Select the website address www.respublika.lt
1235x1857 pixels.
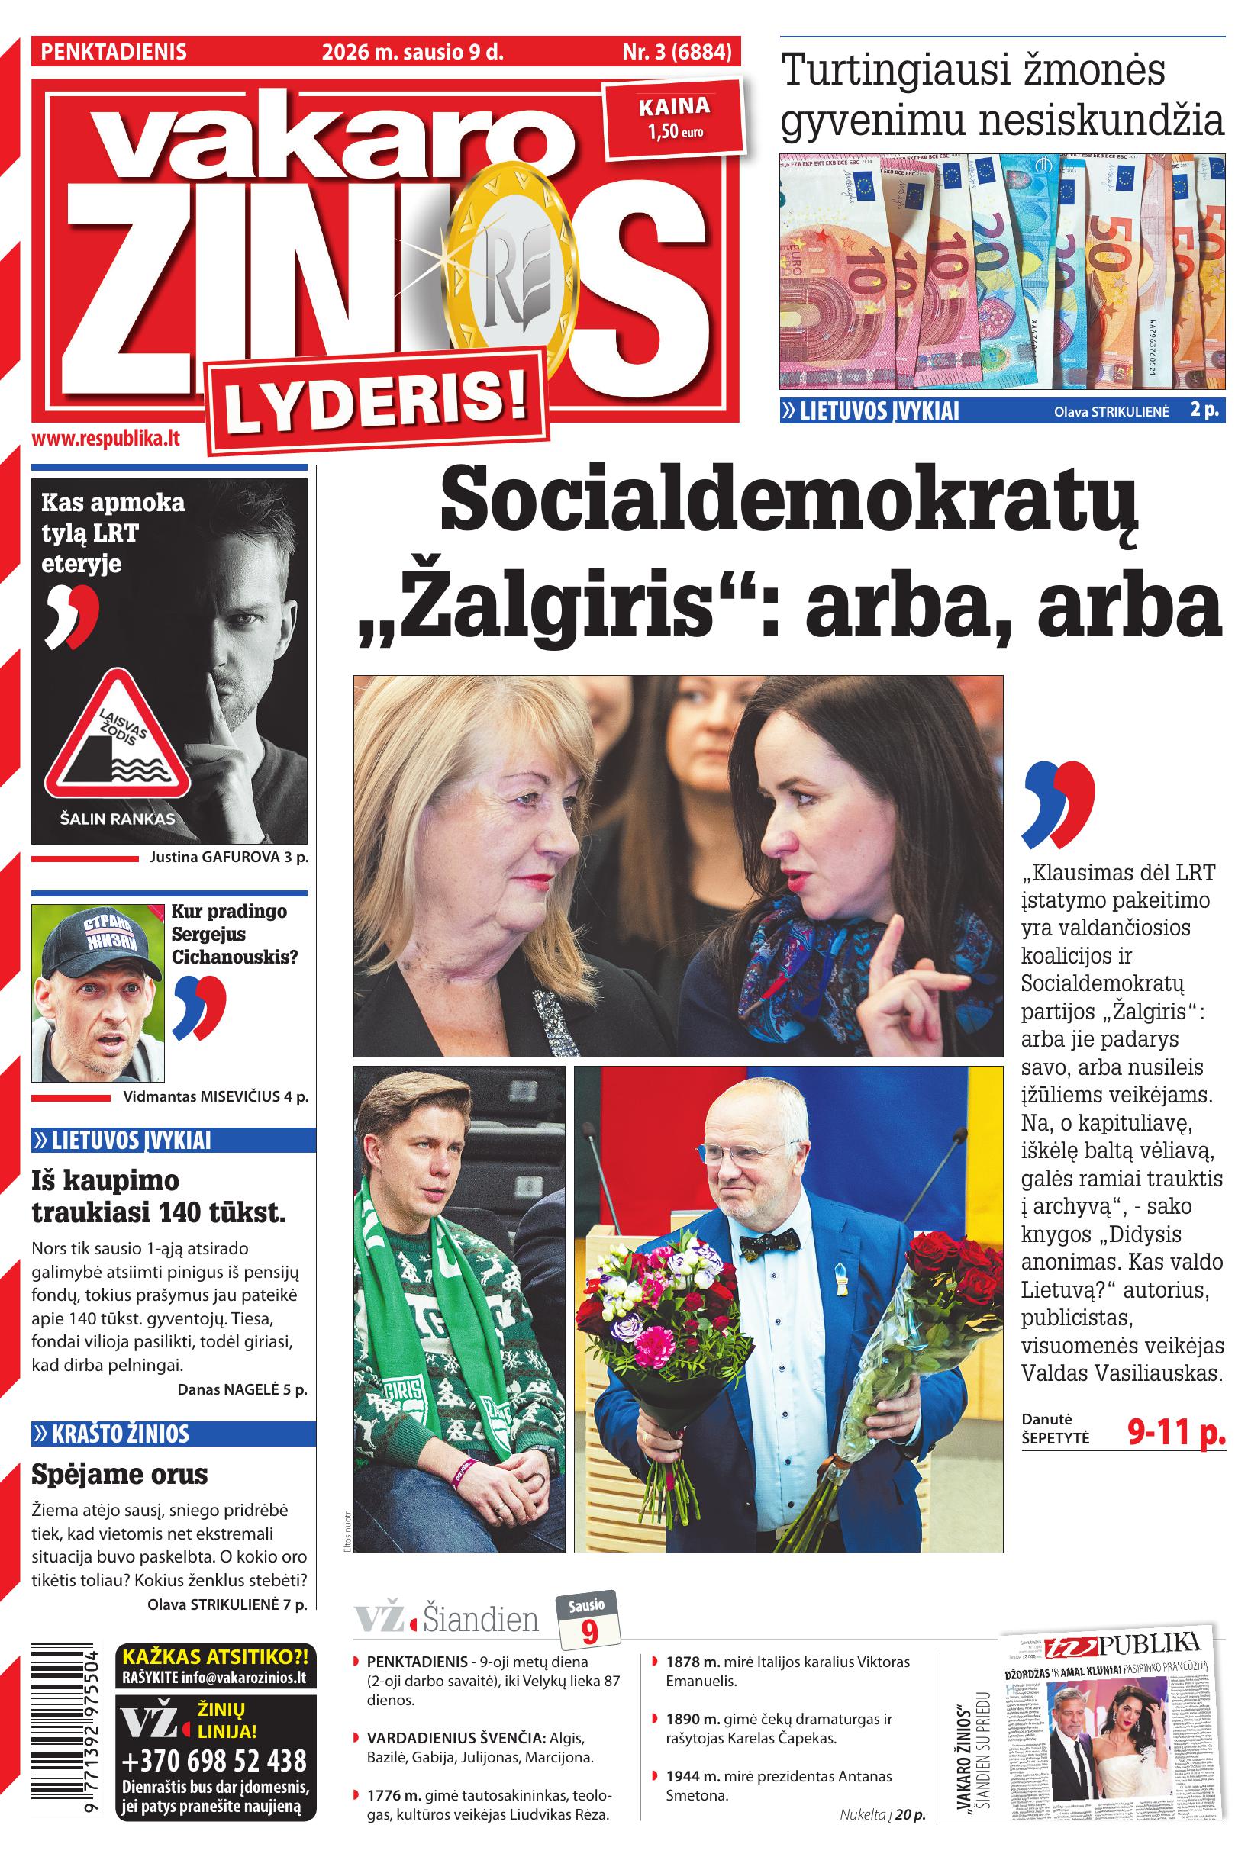[105, 439]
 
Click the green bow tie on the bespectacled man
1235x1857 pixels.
[769, 1243]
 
